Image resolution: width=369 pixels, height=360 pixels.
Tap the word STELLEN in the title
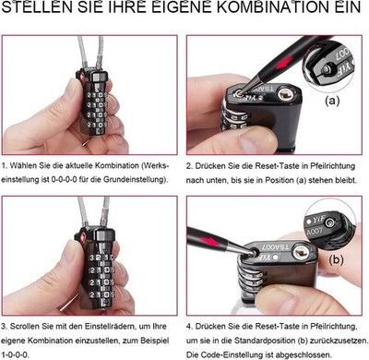(x=37, y=6)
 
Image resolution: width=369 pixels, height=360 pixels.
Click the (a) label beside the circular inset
(x=332, y=101)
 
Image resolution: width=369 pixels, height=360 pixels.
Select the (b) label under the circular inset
(x=336, y=260)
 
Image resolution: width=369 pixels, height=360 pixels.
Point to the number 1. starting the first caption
(x=5, y=165)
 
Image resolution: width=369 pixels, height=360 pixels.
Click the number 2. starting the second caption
(x=189, y=166)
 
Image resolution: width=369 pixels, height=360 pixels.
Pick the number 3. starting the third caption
(x=5, y=326)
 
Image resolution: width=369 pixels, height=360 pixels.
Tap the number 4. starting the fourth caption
(x=189, y=327)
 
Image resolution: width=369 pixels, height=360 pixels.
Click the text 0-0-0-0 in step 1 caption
(x=64, y=179)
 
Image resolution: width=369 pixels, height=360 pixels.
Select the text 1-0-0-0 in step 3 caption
(x=16, y=354)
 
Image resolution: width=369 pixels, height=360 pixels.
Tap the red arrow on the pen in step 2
(x=282, y=62)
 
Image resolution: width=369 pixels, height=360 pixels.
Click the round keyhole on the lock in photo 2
(x=285, y=94)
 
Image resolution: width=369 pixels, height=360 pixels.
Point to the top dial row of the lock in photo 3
(x=101, y=258)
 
